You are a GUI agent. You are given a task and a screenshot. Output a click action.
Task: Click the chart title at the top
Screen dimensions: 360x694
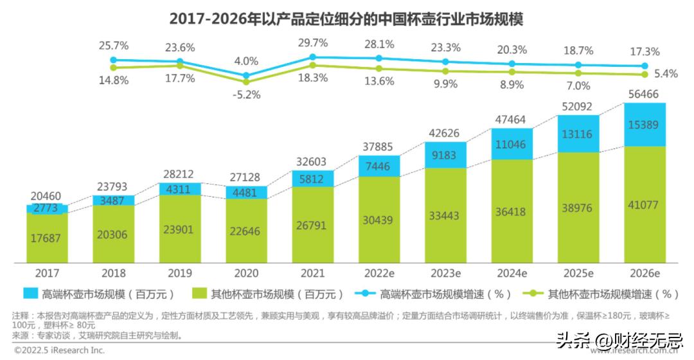pyautogui.click(x=347, y=19)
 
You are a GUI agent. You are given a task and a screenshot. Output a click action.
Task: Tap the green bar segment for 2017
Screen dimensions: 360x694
pyautogui.click(x=47, y=238)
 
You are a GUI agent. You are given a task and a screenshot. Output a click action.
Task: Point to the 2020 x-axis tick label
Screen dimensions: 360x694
pyautogui.click(x=246, y=273)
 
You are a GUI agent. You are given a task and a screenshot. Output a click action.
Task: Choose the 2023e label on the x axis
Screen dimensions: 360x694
pyautogui.click(x=445, y=273)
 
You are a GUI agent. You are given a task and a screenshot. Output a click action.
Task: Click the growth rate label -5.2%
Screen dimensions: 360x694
pyautogui.click(x=246, y=94)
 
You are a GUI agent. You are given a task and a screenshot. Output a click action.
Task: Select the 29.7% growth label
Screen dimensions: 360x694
pyautogui.click(x=313, y=43)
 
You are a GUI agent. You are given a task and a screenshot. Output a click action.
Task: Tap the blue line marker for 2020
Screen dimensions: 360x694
pyautogui.click(x=247, y=75)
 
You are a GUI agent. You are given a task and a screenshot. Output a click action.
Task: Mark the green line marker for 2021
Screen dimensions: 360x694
pyautogui.click(x=313, y=65)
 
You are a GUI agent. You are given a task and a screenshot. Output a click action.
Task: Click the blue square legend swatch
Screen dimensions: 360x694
pyautogui.click(x=31, y=294)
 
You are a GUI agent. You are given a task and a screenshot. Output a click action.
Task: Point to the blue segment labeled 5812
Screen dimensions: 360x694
pyautogui.click(x=313, y=179)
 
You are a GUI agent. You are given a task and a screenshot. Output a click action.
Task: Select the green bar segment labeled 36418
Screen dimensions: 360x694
pyautogui.click(x=512, y=212)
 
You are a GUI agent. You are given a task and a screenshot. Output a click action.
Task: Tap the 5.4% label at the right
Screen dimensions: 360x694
pyautogui.click(x=666, y=74)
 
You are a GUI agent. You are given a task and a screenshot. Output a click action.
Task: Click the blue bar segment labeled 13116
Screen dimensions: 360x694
pyautogui.click(x=578, y=134)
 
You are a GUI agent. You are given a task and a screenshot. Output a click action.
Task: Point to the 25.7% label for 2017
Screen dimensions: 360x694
pyautogui.click(x=114, y=46)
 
